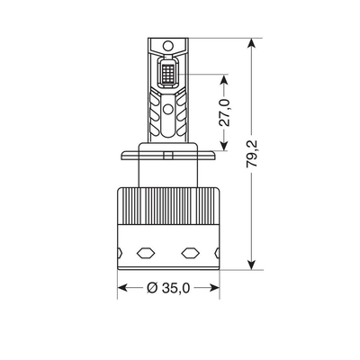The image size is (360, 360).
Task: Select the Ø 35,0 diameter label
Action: pyautogui.click(x=170, y=289)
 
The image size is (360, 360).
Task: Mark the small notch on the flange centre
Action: pyautogui.click(x=168, y=156)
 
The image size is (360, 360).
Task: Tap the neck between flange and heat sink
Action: pyautogui.click(x=168, y=171)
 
